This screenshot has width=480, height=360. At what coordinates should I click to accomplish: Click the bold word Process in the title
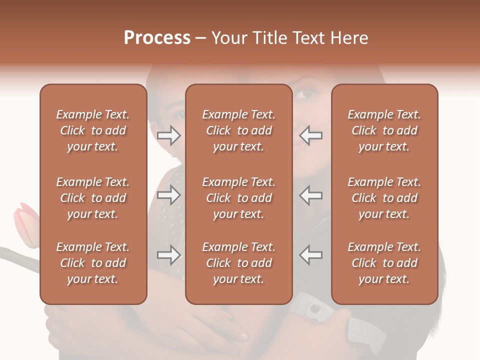[x=157, y=38]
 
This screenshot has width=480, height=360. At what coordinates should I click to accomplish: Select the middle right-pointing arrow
[x=169, y=195]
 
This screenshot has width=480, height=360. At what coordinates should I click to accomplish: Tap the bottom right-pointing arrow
[x=169, y=255]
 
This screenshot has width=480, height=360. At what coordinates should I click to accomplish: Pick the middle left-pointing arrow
[x=311, y=195]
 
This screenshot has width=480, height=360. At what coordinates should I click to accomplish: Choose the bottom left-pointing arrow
[x=311, y=255]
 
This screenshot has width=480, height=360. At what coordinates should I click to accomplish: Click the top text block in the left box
[x=93, y=130]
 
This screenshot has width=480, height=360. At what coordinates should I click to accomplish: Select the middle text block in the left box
[x=93, y=198]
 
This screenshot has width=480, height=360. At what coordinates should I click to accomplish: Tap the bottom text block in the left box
[x=93, y=263]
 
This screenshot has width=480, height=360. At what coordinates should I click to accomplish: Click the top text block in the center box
[x=238, y=130]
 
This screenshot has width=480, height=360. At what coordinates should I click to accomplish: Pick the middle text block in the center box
[x=238, y=198]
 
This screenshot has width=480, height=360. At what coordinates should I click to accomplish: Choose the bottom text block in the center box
[x=238, y=263]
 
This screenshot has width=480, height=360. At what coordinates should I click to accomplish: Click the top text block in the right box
[x=384, y=130]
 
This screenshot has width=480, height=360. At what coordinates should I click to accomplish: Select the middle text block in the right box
[x=384, y=198]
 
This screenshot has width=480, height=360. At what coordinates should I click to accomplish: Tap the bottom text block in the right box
[x=384, y=263]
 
